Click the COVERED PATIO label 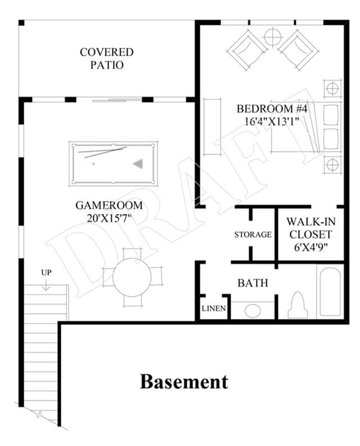(x=106, y=59)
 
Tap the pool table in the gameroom (x=113, y=163)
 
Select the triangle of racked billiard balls (x=138, y=163)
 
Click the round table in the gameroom (x=132, y=277)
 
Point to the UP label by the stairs (x=46, y=273)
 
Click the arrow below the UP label (x=46, y=285)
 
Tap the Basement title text (x=184, y=382)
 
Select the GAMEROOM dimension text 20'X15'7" (x=109, y=218)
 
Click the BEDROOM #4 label (x=272, y=109)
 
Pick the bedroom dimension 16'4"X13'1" (x=272, y=122)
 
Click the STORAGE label (x=253, y=235)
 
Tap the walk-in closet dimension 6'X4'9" (x=310, y=247)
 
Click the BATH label (x=253, y=283)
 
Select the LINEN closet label (x=214, y=309)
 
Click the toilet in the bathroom (x=298, y=305)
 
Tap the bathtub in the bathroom (x=330, y=292)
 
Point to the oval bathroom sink (x=253, y=311)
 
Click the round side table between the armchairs (x=272, y=37)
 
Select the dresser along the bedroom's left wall (x=212, y=127)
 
